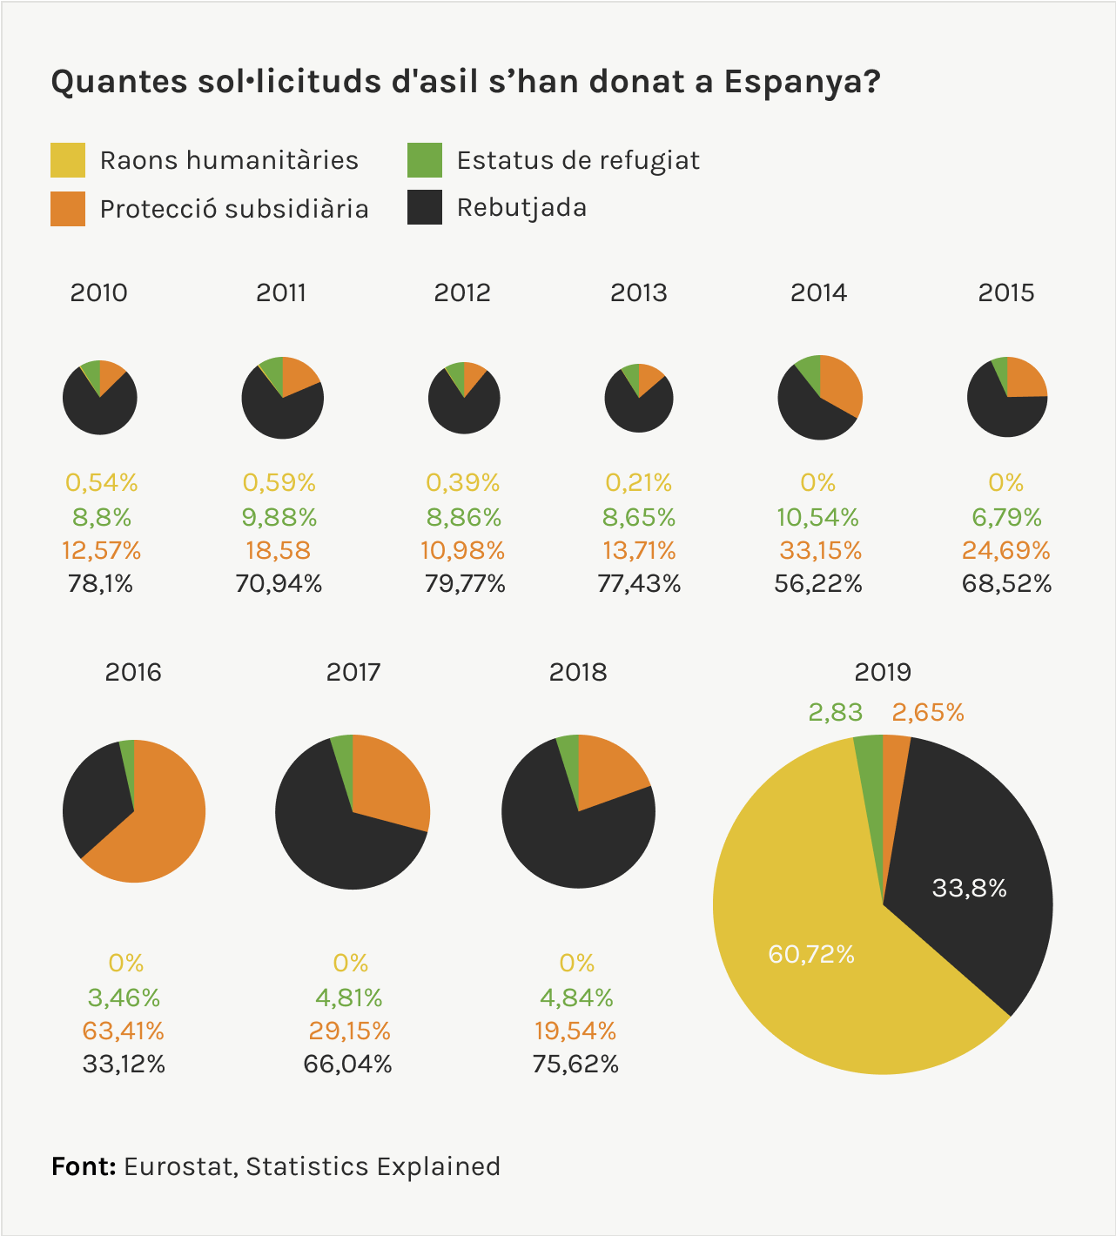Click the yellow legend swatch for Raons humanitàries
click(68, 160)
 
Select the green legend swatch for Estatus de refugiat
click(425, 160)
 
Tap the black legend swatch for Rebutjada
click(425, 207)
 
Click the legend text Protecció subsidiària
click(234, 209)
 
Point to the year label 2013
click(638, 292)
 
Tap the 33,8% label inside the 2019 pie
click(969, 888)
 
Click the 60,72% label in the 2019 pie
click(811, 954)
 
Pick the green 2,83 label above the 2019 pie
click(835, 712)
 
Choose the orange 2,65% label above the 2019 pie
click(928, 713)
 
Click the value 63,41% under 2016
click(123, 1031)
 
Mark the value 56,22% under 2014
click(817, 583)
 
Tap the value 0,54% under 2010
click(102, 482)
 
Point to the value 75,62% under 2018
click(575, 1064)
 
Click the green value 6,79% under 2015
click(1006, 517)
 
